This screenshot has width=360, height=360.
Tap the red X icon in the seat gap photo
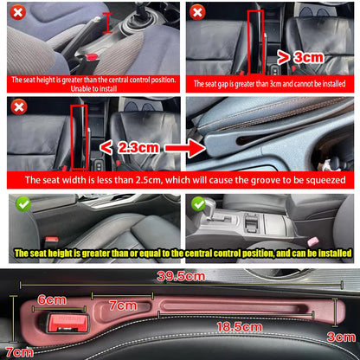[197, 13]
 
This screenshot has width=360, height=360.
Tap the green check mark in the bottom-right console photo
[197, 205]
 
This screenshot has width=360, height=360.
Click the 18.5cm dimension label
[240, 327]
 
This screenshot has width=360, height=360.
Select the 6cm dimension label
[52, 299]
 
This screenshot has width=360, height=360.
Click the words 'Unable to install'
[92, 88]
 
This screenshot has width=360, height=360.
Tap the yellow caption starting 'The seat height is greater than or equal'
[179, 254]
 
